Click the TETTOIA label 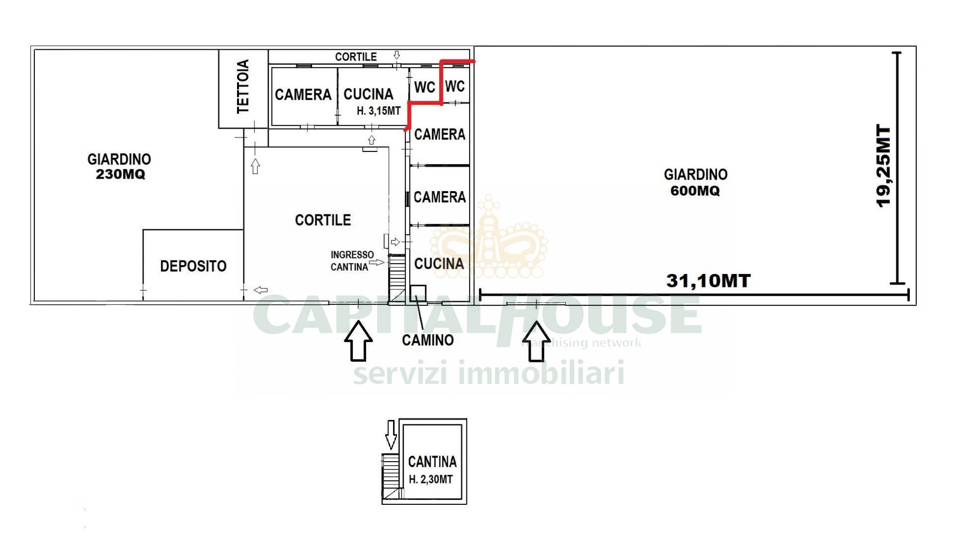point(243,86)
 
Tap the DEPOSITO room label point(193,266)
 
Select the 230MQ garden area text point(121,175)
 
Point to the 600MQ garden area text point(695,191)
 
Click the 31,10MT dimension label point(709,281)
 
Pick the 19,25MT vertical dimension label point(884,166)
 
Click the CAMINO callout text point(428,340)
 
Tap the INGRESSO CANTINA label point(352,261)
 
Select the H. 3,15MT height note point(379,111)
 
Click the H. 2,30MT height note point(431,479)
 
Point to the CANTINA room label point(432,462)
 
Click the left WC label point(425,87)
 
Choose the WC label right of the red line point(455,86)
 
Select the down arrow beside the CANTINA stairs point(391,435)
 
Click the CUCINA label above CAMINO point(439,264)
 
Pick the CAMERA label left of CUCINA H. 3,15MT point(303,94)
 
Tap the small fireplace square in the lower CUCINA point(418,293)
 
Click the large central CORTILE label point(323,220)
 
